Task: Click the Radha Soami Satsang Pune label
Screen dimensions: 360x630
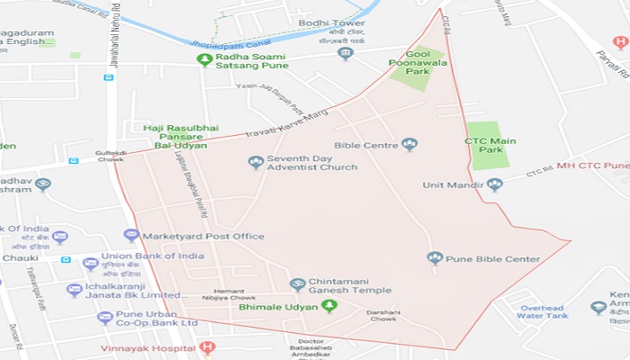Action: point(261,60)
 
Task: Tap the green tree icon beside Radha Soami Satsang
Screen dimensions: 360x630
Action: point(204,60)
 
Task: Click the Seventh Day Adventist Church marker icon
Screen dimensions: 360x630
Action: point(256,162)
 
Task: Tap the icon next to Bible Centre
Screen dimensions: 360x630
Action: point(409,144)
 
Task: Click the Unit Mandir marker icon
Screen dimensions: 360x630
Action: point(494,184)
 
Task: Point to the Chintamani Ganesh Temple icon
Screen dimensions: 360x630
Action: point(297,284)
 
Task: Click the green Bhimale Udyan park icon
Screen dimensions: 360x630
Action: point(329,307)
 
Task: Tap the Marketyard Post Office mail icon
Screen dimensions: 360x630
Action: point(131,236)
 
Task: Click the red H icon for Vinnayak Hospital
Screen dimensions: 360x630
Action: point(207,347)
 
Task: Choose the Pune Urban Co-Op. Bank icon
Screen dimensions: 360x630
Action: point(105,318)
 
